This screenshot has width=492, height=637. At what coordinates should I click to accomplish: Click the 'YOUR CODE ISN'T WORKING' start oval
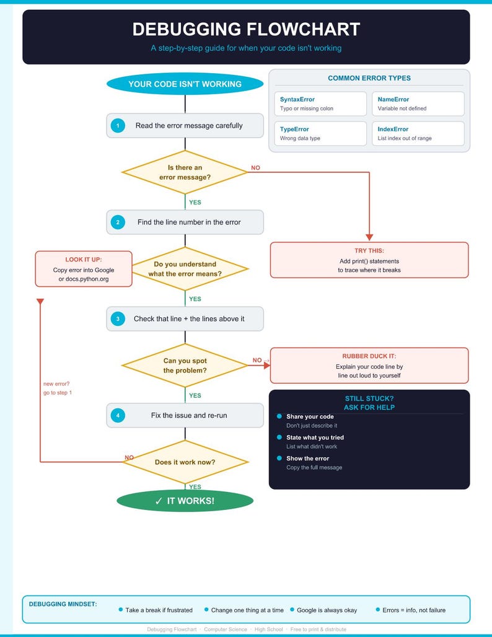point(185,84)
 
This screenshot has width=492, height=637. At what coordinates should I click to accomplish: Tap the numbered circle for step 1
point(117,126)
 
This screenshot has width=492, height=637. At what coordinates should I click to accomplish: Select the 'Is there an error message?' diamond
point(185,172)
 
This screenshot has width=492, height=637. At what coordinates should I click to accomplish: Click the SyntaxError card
point(320,103)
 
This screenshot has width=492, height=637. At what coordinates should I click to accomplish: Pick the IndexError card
point(418,133)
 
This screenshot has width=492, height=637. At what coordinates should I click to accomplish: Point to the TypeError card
point(320,133)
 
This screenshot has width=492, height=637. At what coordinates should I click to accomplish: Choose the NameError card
point(418,103)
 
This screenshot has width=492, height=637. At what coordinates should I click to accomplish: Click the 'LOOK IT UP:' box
point(84,269)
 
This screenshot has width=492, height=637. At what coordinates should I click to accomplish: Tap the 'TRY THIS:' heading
point(369,251)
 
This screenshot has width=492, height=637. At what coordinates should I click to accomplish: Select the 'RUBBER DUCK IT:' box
point(369,366)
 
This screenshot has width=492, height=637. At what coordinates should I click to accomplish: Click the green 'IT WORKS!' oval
point(185,501)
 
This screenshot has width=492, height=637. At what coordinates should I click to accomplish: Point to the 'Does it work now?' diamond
point(185,462)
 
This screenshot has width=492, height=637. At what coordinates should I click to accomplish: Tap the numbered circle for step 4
point(117,416)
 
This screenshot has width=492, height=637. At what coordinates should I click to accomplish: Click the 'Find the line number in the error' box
point(185,222)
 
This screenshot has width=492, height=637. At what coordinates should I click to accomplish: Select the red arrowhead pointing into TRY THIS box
point(369,237)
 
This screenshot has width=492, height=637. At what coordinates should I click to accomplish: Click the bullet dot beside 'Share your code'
point(279,416)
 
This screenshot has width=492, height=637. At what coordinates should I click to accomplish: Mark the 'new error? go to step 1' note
point(58,388)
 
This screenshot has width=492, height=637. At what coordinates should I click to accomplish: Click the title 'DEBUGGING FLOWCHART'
point(246,29)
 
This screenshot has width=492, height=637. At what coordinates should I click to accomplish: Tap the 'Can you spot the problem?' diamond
point(185,366)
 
